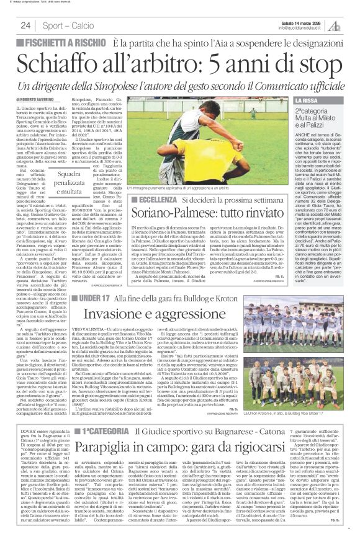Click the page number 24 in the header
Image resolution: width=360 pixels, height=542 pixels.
pos(26,26)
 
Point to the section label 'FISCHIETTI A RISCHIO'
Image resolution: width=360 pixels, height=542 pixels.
pos(63,43)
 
